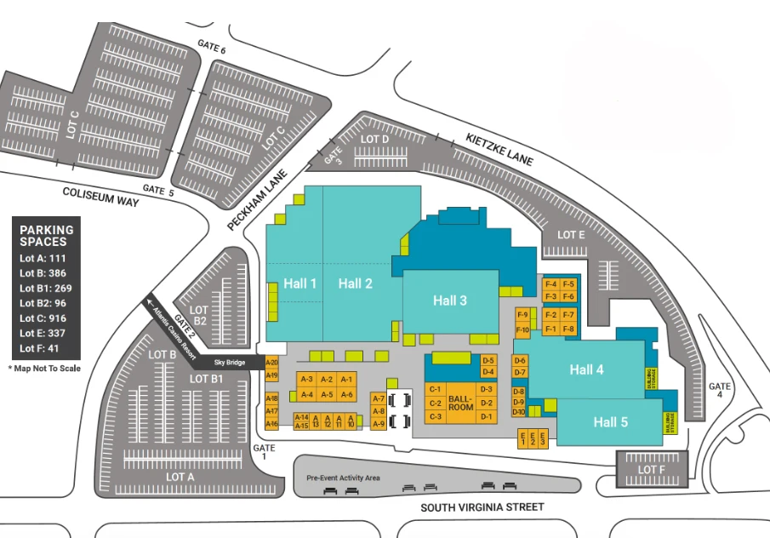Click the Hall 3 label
tap(449, 300)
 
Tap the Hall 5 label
tap(611, 422)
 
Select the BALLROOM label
tap(460, 403)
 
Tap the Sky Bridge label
tap(230, 363)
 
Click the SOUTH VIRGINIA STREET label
tap(482, 507)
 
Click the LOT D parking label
tap(374, 139)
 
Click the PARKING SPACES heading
tap(48, 236)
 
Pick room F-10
tap(522, 329)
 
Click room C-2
tap(436, 403)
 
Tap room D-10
tap(519, 412)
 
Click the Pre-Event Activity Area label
tap(343, 478)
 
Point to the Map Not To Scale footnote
tap(43, 368)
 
